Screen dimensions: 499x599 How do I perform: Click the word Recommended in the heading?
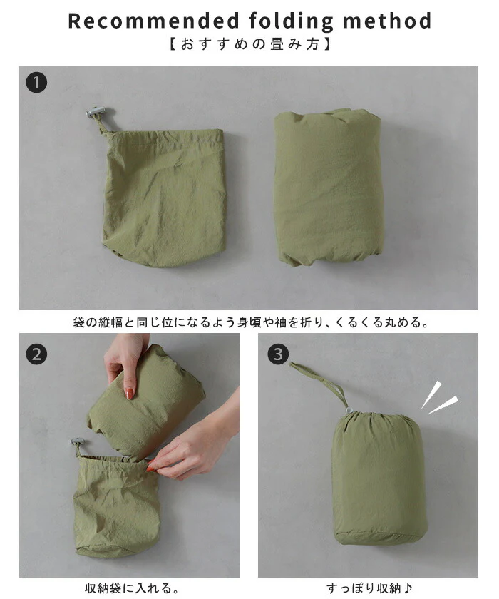coord(154,21)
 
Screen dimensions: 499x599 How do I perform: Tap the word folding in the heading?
coord(291,22)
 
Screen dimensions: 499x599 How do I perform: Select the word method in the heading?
coord(387,21)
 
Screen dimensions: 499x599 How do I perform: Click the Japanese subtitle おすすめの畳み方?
coord(249,44)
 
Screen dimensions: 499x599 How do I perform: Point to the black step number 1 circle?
coord(36,83)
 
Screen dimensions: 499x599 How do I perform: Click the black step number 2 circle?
coord(36,354)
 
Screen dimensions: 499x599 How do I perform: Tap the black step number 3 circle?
coord(278,354)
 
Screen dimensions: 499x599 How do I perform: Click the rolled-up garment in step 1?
coord(328,187)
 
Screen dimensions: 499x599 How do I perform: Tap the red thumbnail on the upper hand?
coord(130,393)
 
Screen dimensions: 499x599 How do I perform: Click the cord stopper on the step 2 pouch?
coord(78,443)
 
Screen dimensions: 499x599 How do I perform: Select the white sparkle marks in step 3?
coord(439,398)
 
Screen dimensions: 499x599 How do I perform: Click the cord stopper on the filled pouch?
coord(349,410)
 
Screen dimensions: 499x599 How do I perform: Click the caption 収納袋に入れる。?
coord(132,588)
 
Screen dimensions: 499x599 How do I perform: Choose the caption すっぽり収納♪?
coord(369,588)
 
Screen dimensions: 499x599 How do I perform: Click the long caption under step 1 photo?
coord(250,322)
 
